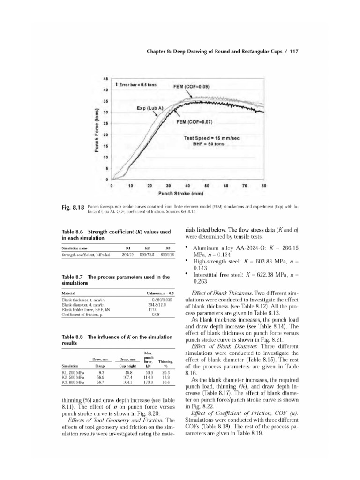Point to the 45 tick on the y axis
click(x=106, y=79)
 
